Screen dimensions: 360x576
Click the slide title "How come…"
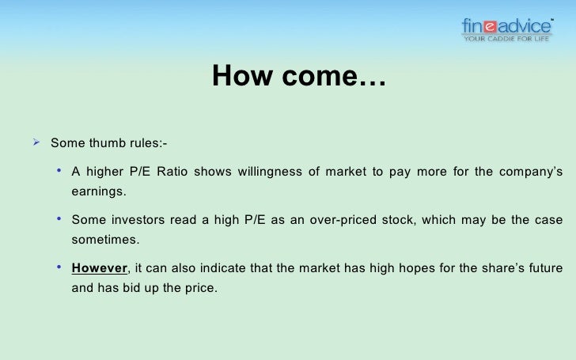click(297, 77)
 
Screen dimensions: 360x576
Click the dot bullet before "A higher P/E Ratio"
click(60, 172)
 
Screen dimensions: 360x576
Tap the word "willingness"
click(277, 172)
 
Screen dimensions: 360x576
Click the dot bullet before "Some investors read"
click(60, 219)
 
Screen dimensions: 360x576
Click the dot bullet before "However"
click(60, 267)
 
